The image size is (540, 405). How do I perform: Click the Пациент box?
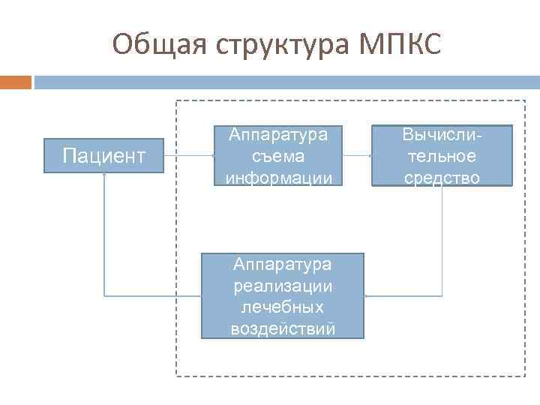[104, 156]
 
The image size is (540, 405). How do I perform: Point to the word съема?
[278, 156]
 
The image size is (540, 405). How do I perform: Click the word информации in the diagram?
[278, 177]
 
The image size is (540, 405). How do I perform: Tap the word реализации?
[283, 286]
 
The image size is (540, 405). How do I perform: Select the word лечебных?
[283, 307]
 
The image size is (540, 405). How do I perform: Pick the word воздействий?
[283, 328]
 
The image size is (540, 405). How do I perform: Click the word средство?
[442, 177]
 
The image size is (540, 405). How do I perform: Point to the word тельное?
[442, 156]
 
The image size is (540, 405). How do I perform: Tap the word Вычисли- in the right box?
[442, 135]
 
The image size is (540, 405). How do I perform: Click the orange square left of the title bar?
[16, 81]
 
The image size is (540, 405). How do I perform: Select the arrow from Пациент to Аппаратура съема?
[189, 156]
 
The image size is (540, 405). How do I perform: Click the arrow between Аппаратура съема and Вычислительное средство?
[357, 156]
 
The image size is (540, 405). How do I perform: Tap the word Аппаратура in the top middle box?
[278, 135]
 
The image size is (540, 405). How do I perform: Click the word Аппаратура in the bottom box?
[283, 265]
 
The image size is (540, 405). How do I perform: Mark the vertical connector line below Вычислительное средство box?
[442, 240]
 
